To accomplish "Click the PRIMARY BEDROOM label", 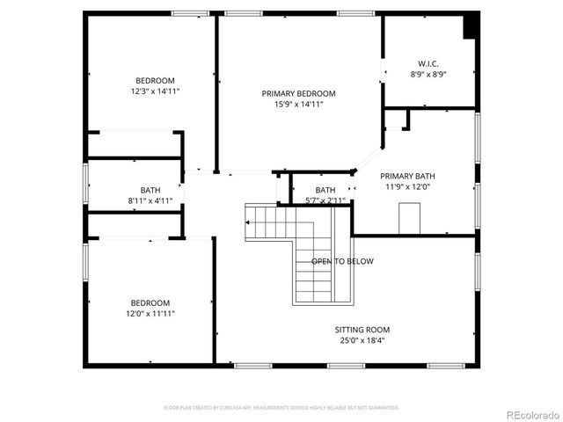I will point(299,93).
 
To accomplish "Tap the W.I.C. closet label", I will point(428,63).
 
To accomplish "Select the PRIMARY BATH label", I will point(407,176).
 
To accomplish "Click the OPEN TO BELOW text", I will point(342,261).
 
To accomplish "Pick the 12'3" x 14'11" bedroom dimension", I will point(155,90).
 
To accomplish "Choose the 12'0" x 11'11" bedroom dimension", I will point(151,314).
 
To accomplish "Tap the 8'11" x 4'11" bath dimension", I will point(150,200).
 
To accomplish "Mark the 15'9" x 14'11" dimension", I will point(299,104).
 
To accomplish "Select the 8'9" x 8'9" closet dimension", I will point(428,74).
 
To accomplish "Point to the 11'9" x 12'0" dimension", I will point(407,186).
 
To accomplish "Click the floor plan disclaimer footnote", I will point(281,408).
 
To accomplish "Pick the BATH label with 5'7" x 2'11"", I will point(325,190).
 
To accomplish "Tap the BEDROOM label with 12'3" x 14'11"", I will point(155,79).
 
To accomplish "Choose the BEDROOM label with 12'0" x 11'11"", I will point(151,303).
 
